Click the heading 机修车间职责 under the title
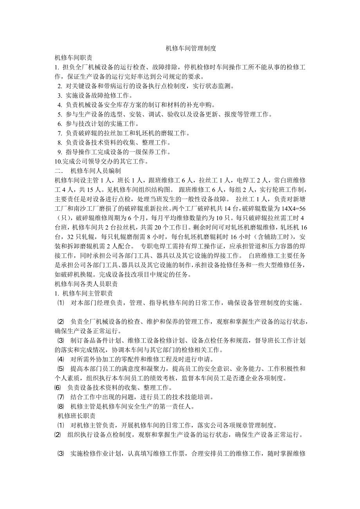(74, 57)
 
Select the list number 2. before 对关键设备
(59, 86)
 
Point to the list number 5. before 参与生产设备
(59, 115)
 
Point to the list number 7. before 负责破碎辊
(59, 133)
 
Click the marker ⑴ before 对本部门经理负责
(61, 303)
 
